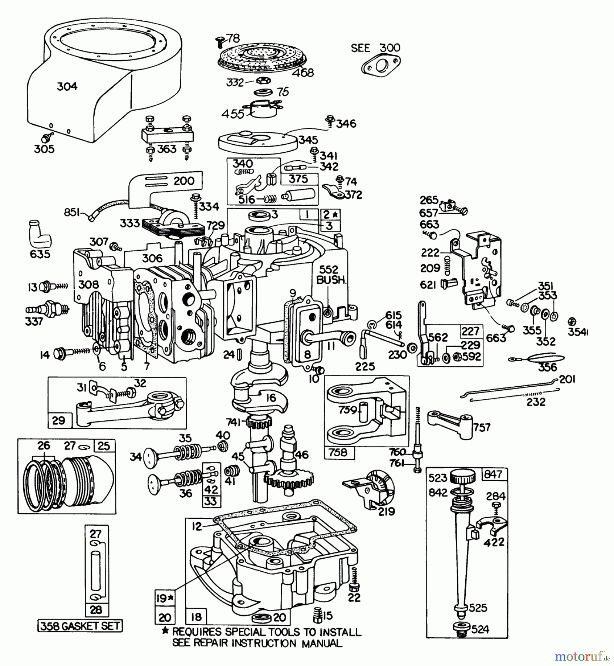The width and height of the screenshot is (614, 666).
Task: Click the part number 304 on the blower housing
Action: point(67,87)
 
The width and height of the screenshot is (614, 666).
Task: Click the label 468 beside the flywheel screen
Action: point(303,73)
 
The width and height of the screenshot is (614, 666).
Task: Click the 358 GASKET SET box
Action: point(80,626)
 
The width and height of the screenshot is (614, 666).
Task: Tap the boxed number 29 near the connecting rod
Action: point(59,420)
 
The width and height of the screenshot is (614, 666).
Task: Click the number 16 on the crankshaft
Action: point(271,398)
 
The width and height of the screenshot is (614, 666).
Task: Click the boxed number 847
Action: point(493,474)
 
